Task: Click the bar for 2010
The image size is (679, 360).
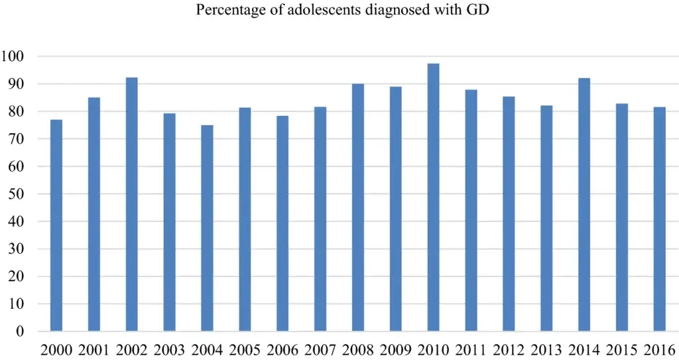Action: click(x=433, y=198)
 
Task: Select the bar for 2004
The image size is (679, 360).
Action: click(x=207, y=228)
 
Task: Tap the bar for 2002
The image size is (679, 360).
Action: click(x=132, y=204)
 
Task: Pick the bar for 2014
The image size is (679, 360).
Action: click(x=584, y=205)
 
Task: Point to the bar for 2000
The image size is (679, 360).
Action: click(x=56, y=225)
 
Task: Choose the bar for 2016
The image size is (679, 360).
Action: click(x=660, y=219)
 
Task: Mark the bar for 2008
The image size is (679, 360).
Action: click(x=357, y=208)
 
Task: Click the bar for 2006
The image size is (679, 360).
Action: click(x=282, y=223)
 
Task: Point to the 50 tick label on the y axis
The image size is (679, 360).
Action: click(x=16, y=194)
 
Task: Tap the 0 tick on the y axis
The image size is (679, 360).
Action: click(x=20, y=331)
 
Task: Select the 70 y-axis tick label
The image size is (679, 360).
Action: click(x=16, y=139)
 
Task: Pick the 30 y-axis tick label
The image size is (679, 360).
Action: click(x=16, y=249)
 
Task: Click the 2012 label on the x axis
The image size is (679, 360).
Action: click(x=509, y=349)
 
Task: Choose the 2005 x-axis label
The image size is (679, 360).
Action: click(x=245, y=349)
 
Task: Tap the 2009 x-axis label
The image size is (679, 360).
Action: click(x=396, y=349)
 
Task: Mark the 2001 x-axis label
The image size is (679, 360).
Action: click(x=94, y=349)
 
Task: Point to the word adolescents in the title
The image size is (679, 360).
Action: click(x=319, y=9)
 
